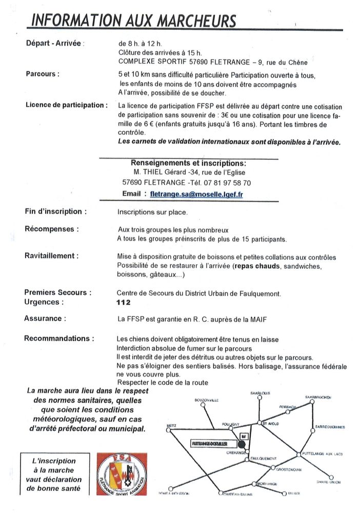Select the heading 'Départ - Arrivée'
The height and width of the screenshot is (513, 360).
(53, 44)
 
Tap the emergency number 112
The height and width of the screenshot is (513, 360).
(124, 303)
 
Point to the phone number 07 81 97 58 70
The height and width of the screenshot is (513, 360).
(226, 183)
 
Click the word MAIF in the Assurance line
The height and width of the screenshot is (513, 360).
(259, 319)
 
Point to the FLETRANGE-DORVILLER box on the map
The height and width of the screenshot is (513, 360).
(210, 442)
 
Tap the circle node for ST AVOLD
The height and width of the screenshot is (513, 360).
(258, 424)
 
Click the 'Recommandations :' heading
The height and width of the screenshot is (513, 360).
(59, 339)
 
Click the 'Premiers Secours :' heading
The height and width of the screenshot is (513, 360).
(58, 292)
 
